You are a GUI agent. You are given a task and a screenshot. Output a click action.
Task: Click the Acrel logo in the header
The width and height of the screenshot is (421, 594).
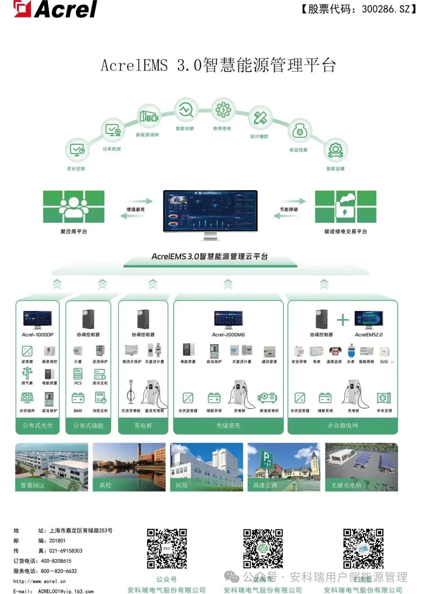click(55, 9)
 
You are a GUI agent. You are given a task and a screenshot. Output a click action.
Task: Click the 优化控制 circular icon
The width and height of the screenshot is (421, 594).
click(77, 150)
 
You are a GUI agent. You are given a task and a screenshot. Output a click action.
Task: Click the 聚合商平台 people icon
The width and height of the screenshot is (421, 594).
click(74, 207)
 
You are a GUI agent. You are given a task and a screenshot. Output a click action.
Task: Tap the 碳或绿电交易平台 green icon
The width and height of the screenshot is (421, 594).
click(345, 207)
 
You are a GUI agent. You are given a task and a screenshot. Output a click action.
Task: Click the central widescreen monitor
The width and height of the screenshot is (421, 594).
click(210, 211)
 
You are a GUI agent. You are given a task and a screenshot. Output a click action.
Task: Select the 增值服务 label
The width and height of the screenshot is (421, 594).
click(136, 209)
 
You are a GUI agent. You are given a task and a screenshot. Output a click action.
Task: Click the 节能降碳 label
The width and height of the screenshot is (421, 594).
click(289, 209)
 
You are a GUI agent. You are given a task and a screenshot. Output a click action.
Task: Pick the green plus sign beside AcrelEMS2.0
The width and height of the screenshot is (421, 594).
click(343, 320)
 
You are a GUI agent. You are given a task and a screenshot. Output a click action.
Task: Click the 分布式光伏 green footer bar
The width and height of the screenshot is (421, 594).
click(37, 426)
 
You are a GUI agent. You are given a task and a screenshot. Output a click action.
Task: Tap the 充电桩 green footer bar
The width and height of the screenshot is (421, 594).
click(143, 426)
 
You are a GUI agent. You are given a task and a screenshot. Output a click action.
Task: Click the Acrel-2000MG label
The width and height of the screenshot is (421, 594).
click(228, 334)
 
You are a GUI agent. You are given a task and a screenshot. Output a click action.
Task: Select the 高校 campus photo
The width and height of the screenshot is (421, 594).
click(129, 467)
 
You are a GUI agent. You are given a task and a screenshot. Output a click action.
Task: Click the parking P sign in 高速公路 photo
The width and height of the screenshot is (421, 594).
click(266, 456)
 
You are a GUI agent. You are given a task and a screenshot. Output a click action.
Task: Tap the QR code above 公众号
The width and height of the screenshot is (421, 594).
click(167, 548)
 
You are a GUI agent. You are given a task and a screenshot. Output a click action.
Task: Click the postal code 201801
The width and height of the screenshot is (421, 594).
click(57, 541)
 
